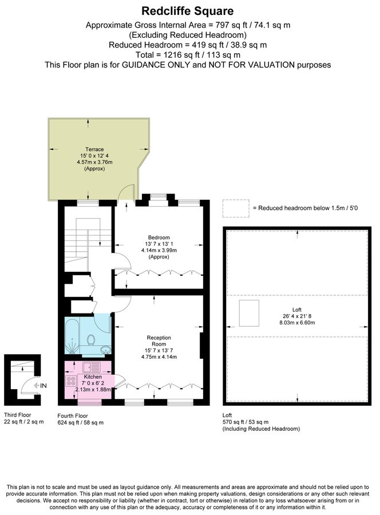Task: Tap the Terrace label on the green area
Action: point(94,149)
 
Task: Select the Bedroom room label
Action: point(159,237)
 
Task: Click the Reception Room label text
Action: point(159,342)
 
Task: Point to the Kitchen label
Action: point(93,378)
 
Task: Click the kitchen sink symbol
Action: point(91,367)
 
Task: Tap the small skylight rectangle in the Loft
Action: point(249,313)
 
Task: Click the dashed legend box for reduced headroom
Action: point(235,208)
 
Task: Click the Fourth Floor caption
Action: point(73,415)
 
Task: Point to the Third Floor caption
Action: point(19,415)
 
